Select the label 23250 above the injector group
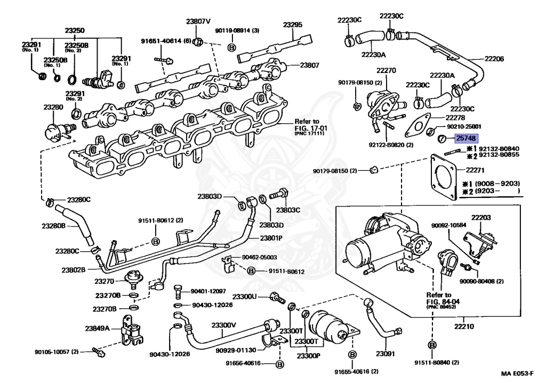tap(75, 31)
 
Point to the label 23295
tap(293, 25)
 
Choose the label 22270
tap(386, 70)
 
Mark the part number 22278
tap(455, 117)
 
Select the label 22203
tap(480, 218)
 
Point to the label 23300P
tap(309, 356)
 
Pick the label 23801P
tap(271, 238)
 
